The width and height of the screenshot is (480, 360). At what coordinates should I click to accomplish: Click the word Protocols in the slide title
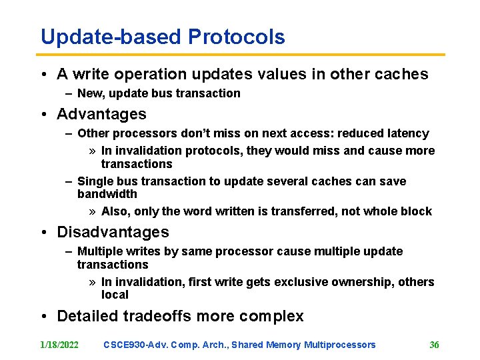coord(237,37)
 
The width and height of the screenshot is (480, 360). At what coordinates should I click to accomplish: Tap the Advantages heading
coord(101,114)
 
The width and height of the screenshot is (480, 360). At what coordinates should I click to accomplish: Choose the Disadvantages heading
coord(113,232)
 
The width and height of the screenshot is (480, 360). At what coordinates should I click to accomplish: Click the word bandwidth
coord(107,194)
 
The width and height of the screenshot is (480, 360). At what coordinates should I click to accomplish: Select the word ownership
coord(363,282)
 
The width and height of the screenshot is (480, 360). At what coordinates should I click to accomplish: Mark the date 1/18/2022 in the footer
coord(59,345)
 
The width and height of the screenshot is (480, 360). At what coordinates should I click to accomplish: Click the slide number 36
coord(434,345)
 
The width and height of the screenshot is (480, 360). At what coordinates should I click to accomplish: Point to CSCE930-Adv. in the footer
coord(136,345)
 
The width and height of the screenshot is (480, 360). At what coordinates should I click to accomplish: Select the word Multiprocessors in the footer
coord(339,345)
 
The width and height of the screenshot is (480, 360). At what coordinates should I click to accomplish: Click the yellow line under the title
coord(240,55)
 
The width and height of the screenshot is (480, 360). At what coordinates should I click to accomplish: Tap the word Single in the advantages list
coord(94,181)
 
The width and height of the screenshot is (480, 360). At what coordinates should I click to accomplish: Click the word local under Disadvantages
coord(115,295)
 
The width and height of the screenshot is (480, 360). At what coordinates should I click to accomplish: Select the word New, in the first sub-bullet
coord(91,93)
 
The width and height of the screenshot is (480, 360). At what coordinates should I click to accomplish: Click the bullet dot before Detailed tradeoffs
coord(42,316)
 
